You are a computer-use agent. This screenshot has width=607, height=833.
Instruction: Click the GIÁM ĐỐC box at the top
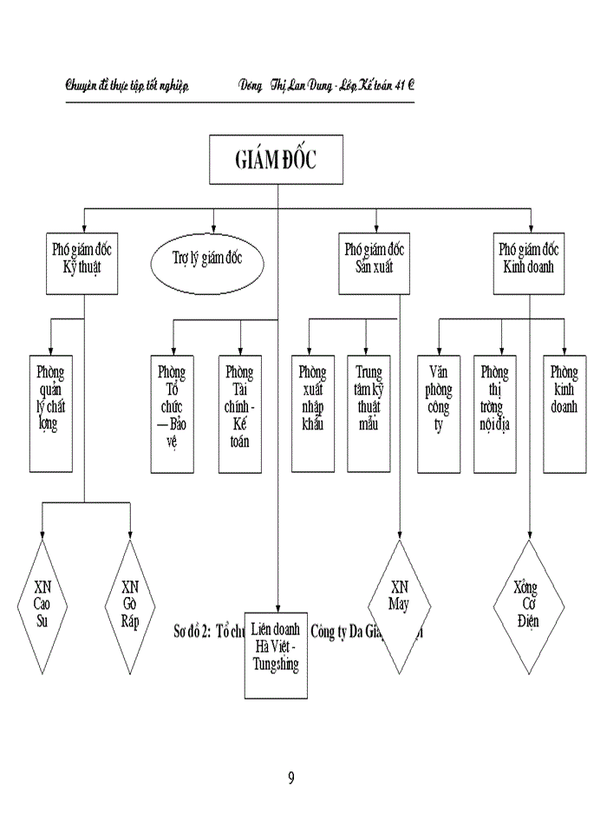pyautogui.click(x=277, y=159)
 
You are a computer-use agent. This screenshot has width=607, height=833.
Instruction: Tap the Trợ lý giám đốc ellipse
pyautogui.click(x=207, y=259)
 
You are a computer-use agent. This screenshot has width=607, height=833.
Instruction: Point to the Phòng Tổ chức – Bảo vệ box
pyautogui.click(x=173, y=412)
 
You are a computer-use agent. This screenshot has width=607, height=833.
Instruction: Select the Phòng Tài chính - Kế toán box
pyautogui.click(x=239, y=412)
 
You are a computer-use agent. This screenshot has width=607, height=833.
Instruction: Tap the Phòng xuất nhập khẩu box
pyautogui.click(x=312, y=412)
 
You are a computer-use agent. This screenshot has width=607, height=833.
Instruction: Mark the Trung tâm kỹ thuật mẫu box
pyautogui.click(x=369, y=412)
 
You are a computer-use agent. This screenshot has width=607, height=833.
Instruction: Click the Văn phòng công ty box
pyautogui.click(x=438, y=412)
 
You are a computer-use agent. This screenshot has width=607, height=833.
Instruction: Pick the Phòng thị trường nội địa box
pyautogui.click(x=495, y=412)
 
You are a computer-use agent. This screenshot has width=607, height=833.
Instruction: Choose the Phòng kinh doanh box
pyautogui.click(x=565, y=412)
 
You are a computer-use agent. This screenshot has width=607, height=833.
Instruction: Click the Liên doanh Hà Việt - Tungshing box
pyautogui.click(x=277, y=646)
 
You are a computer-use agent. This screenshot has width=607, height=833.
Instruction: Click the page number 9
pyautogui.click(x=291, y=777)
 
